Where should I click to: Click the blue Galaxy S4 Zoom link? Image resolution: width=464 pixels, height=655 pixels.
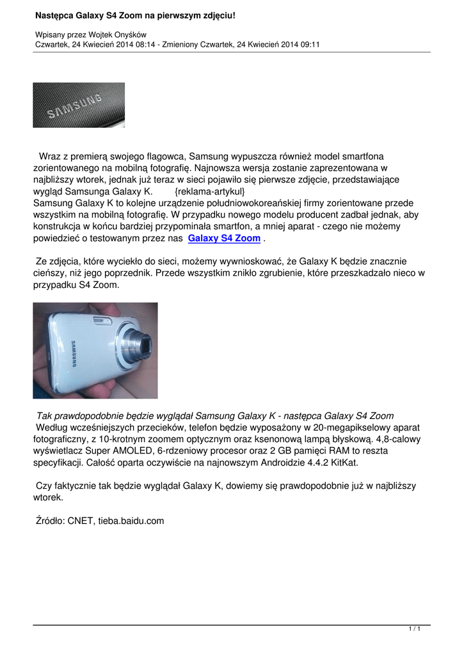[224, 238]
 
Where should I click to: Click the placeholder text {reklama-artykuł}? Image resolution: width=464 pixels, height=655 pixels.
[209, 192]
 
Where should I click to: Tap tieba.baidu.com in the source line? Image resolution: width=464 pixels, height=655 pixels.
[132, 521]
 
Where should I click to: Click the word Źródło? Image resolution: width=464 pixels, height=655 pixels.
[50, 521]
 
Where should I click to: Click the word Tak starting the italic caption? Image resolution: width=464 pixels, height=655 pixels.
[45, 416]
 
